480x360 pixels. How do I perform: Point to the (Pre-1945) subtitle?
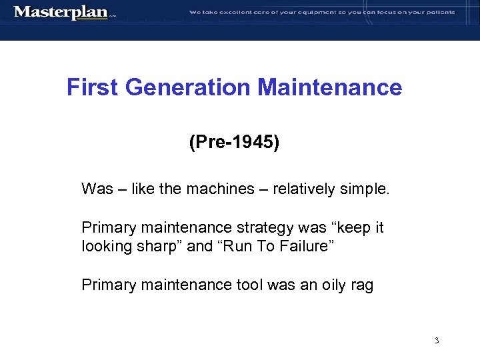(234, 142)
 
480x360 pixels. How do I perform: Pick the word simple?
(364, 189)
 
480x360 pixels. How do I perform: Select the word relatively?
(297, 189)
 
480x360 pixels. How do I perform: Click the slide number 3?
(436, 341)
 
